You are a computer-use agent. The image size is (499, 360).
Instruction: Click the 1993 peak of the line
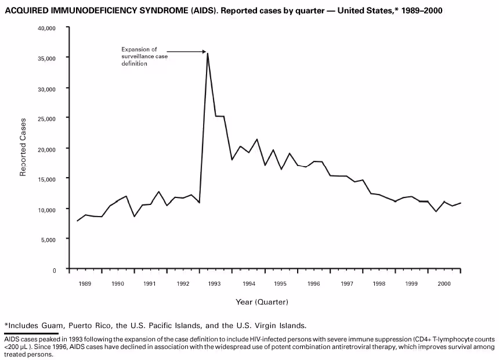pyautogui.click(x=208, y=53)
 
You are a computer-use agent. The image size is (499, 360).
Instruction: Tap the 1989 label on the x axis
pyautogui.click(x=85, y=284)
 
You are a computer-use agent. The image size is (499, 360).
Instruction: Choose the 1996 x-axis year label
pyautogui.click(x=314, y=284)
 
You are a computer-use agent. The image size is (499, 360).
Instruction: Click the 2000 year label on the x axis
pyautogui.click(x=444, y=284)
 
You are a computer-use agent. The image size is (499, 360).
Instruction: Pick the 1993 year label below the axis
pyautogui.click(x=215, y=284)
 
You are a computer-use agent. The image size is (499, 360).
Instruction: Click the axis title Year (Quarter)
pyautogui.click(x=262, y=302)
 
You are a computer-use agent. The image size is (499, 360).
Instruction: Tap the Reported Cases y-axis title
pyautogui.click(x=23, y=147)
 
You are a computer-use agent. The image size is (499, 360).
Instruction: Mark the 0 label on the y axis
pyautogui.click(x=55, y=270)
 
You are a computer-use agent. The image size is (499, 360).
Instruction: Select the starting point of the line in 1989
pyautogui.click(x=77, y=221)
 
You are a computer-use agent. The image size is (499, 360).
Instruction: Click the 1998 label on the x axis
pyautogui.click(x=379, y=284)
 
